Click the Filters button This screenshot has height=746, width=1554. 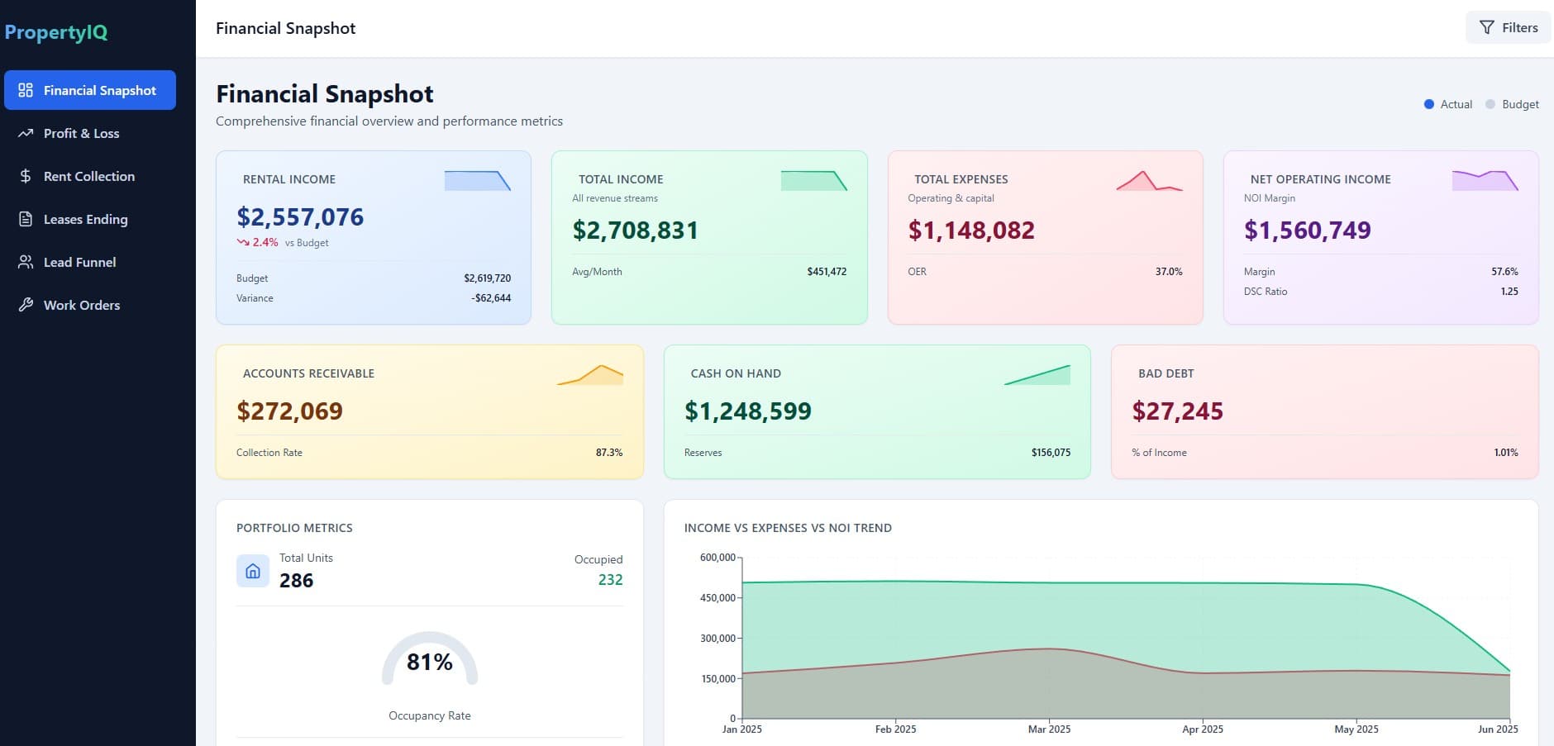(x=1508, y=27)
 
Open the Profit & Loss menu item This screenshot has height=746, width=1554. (x=81, y=133)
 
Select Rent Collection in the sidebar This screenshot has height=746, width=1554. (x=88, y=176)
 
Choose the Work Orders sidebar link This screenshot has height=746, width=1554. (x=81, y=305)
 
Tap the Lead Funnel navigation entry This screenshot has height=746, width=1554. (x=79, y=262)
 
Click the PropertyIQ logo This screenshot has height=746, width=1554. (x=56, y=32)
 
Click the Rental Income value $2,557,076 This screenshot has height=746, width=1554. (x=300, y=217)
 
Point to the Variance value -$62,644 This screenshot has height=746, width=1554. (x=491, y=298)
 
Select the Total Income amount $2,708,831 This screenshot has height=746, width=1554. (x=635, y=230)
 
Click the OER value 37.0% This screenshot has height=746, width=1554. (x=1168, y=272)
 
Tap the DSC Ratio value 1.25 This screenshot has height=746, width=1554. (x=1509, y=292)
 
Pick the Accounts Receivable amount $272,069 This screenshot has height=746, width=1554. (x=289, y=411)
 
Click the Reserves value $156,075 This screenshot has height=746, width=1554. (x=1051, y=453)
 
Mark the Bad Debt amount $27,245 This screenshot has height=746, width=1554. (x=1177, y=411)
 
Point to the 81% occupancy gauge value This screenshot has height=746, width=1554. (x=429, y=662)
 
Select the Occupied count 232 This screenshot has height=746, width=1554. (x=610, y=580)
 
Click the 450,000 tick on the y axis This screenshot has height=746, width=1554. (x=717, y=598)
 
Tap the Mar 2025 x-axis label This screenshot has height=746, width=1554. (x=1049, y=729)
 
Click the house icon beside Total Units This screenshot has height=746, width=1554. (x=253, y=571)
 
